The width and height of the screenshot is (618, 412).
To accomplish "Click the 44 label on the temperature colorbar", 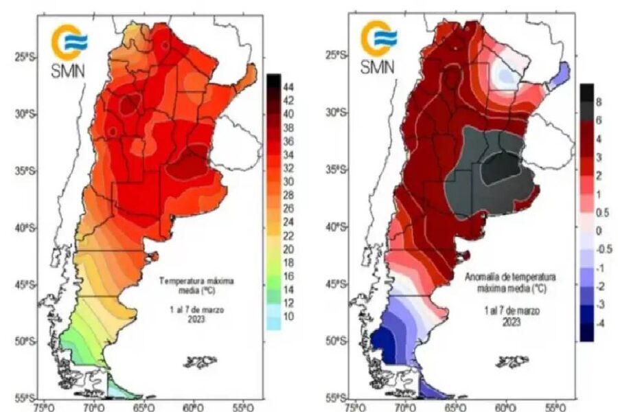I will pyautogui.click(x=290, y=86).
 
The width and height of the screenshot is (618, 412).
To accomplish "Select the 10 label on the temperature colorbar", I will pyautogui.click(x=289, y=317).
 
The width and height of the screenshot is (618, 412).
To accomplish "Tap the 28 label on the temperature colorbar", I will pyautogui.click(x=290, y=195).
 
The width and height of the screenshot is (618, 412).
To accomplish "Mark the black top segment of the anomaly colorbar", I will pyautogui.click(x=586, y=91).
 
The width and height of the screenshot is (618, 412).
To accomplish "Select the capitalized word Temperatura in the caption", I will pyautogui.click(x=180, y=280).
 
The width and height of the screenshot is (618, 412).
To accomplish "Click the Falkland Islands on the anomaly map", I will pyautogui.click(x=513, y=360).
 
